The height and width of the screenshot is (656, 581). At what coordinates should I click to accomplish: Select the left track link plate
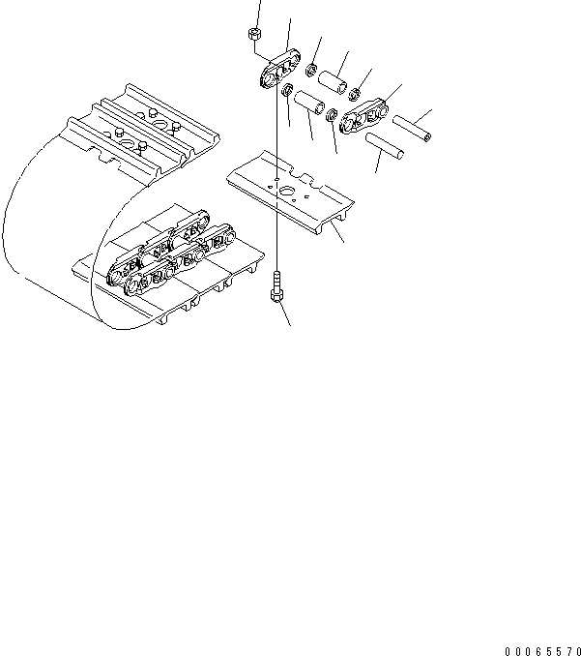coord(276,73)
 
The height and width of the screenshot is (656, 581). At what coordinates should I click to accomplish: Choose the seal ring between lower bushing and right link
coord(332,116)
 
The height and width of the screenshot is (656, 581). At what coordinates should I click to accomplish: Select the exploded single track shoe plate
coord(290,194)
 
